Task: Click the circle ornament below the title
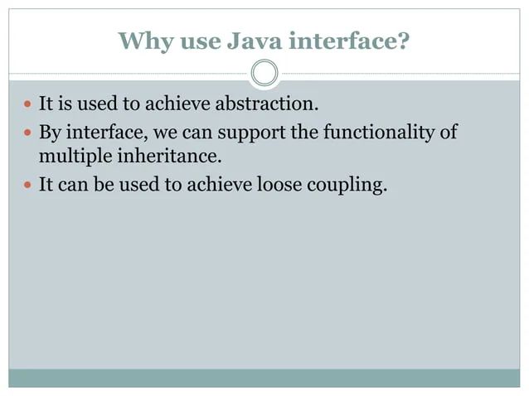(x=264, y=73)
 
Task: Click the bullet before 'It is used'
(x=27, y=106)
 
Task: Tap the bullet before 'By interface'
(x=27, y=132)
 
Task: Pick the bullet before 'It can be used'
(x=27, y=186)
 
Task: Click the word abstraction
(x=269, y=105)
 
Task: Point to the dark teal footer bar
(x=264, y=378)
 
